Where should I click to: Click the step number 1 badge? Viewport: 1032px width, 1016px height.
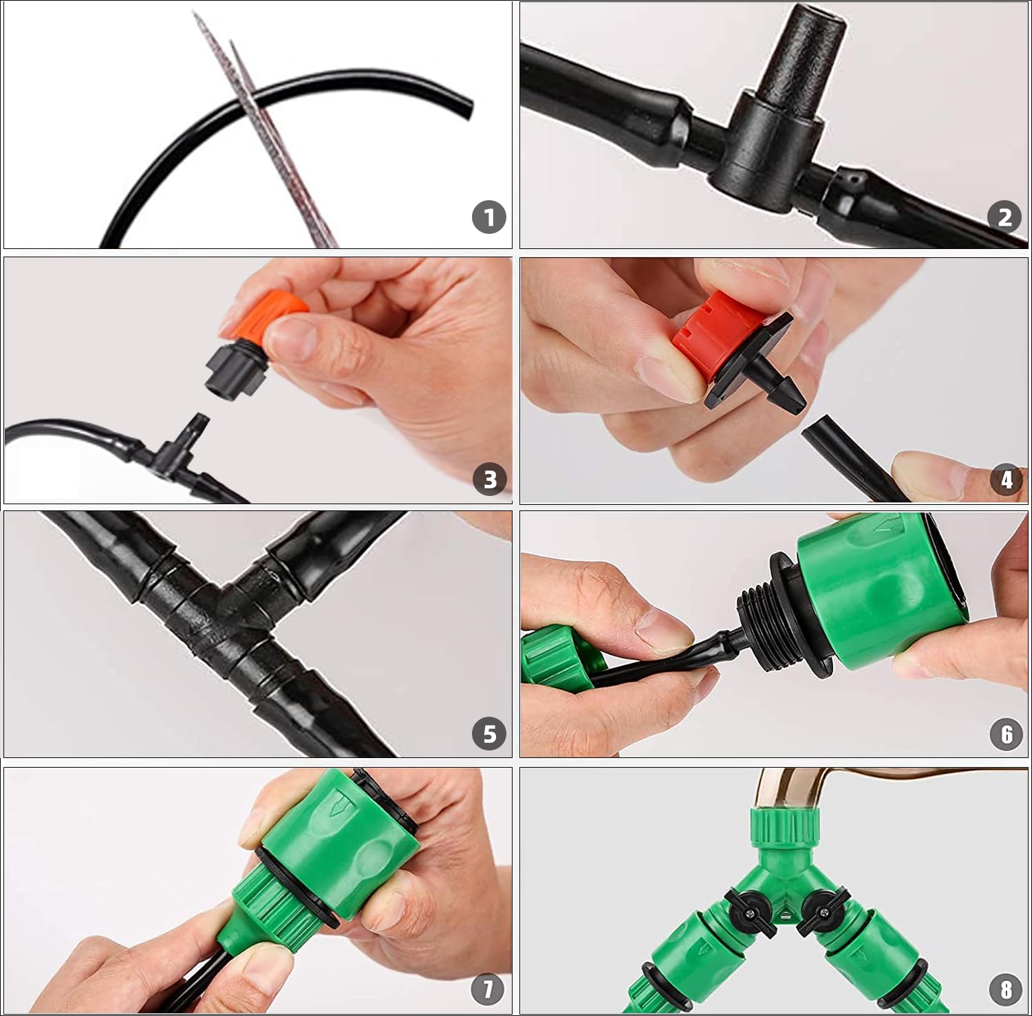point(489,217)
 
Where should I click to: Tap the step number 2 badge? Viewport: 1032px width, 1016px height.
point(1005,217)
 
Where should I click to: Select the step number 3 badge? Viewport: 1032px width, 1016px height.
point(490,479)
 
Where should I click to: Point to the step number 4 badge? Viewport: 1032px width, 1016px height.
point(1007,479)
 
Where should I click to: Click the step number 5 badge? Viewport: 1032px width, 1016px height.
point(489,734)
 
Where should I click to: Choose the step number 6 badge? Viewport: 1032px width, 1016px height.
point(1007,734)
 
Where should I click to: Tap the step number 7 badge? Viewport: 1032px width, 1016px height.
point(488,989)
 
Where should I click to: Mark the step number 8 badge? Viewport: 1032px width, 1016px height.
point(1006,989)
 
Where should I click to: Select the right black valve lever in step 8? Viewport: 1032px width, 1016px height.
point(819,910)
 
